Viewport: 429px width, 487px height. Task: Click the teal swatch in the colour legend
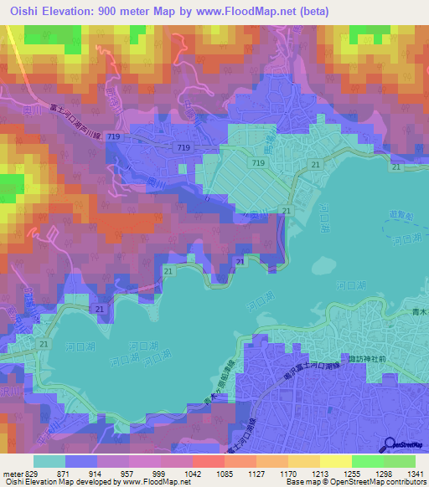pos(49,461)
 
